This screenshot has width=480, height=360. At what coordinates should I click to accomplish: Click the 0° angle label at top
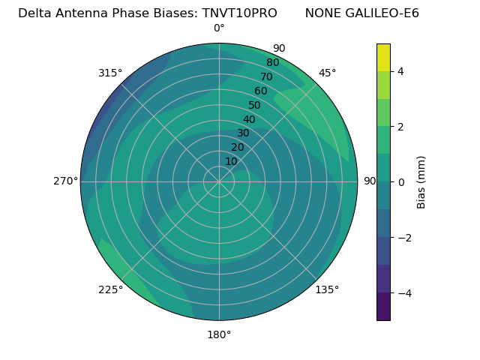point(219,28)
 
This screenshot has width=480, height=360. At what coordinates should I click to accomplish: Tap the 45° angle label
point(328,73)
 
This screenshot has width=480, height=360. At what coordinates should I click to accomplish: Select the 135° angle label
point(327,289)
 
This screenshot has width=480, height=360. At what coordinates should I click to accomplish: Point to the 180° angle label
point(219,334)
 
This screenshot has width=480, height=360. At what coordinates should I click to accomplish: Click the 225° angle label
point(110,290)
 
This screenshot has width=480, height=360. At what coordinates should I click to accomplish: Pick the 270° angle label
point(66,181)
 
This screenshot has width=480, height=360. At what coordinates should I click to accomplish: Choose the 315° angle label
point(110,73)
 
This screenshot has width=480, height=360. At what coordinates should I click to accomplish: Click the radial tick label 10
point(231,161)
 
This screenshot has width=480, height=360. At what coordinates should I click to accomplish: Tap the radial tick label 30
point(243,133)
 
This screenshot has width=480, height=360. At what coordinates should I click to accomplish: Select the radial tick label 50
point(255,105)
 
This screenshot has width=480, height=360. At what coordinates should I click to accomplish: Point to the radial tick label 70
point(266,76)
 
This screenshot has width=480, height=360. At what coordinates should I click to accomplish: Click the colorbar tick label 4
point(401,71)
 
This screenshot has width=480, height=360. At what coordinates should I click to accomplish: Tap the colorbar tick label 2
point(401,127)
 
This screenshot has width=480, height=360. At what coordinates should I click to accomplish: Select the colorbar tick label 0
point(401,182)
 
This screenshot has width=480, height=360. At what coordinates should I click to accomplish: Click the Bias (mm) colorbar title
point(421,181)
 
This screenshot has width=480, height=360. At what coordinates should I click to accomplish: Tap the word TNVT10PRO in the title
point(239,13)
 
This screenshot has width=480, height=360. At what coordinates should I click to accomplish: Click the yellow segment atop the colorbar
point(383,57)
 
